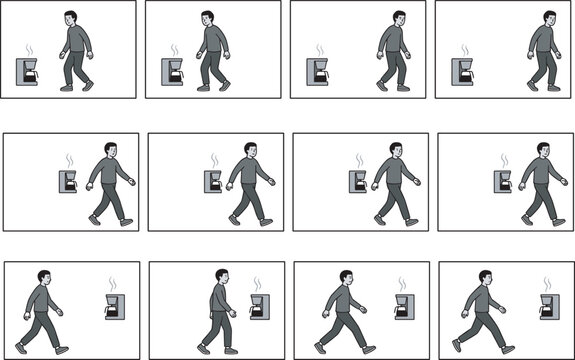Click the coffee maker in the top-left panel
click(x=28, y=72)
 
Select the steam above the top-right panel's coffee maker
click(x=465, y=49)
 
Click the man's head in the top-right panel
click(x=549, y=18)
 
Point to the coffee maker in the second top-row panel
click(x=173, y=72)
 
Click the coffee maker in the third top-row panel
click(x=318, y=72)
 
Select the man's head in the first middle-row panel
click(x=110, y=150)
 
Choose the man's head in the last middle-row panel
click(x=541, y=150)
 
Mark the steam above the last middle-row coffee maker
click(x=504, y=160)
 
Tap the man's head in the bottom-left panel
click(x=42, y=277)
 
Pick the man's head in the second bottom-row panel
click(x=221, y=277)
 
